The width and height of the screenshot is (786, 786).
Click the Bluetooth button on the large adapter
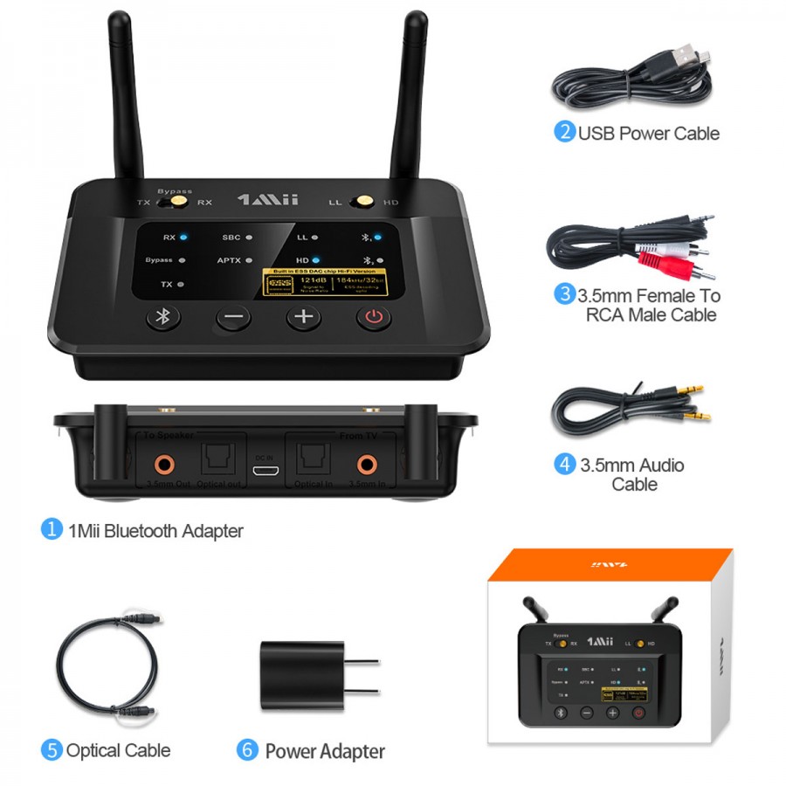pyautogui.click(x=162, y=317)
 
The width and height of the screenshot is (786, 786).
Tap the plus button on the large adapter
pyautogui.click(x=303, y=317)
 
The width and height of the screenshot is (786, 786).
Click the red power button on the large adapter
pyautogui.click(x=374, y=317)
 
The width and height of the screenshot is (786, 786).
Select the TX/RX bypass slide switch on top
pyautogui.click(x=178, y=202)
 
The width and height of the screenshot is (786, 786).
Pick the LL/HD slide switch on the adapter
pyautogui.click(x=360, y=203)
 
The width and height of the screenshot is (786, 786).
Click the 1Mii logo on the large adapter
pyautogui.click(x=268, y=200)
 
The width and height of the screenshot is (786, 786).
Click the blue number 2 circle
pyautogui.click(x=564, y=133)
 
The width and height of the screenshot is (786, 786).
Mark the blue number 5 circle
pyautogui.click(x=52, y=749)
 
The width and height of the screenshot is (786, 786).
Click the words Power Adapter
pyautogui.click(x=325, y=751)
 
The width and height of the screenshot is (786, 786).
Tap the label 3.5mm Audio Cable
pyautogui.click(x=632, y=474)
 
